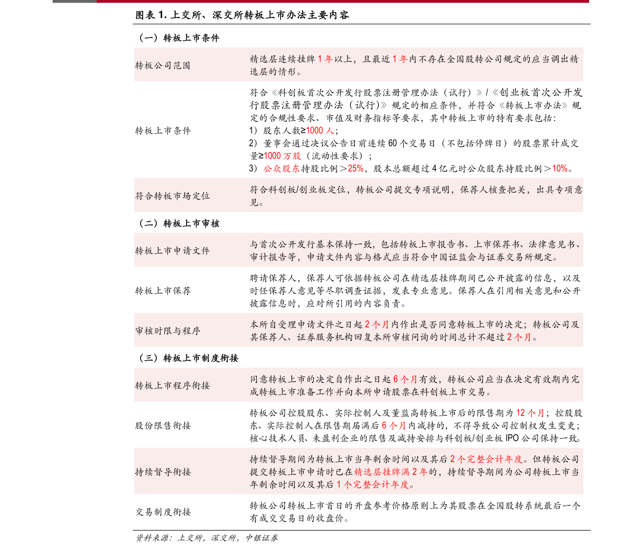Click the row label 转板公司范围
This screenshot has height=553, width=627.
tap(163, 65)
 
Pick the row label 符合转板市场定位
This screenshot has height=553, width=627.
tap(172, 196)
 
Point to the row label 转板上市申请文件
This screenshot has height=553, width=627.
tap(172, 251)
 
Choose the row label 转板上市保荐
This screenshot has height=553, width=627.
tap(163, 291)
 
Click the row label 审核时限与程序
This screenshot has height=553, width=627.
tap(167, 331)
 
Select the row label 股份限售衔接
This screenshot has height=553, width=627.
tap(163, 426)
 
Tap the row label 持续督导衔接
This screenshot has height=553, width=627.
tap(163, 472)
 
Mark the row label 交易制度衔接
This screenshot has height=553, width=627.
tap(163, 512)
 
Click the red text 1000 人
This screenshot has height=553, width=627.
tap(320, 131)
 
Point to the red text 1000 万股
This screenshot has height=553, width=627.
tap(282, 156)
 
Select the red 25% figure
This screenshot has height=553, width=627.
tap(355, 169)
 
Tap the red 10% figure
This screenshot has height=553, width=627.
tap(560, 169)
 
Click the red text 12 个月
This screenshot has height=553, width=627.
tap(530, 413)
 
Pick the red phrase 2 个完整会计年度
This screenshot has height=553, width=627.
tap(486, 459)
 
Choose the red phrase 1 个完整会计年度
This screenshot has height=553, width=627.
tap(373, 485)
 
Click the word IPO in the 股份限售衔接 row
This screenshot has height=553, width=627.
tap(512, 438)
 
